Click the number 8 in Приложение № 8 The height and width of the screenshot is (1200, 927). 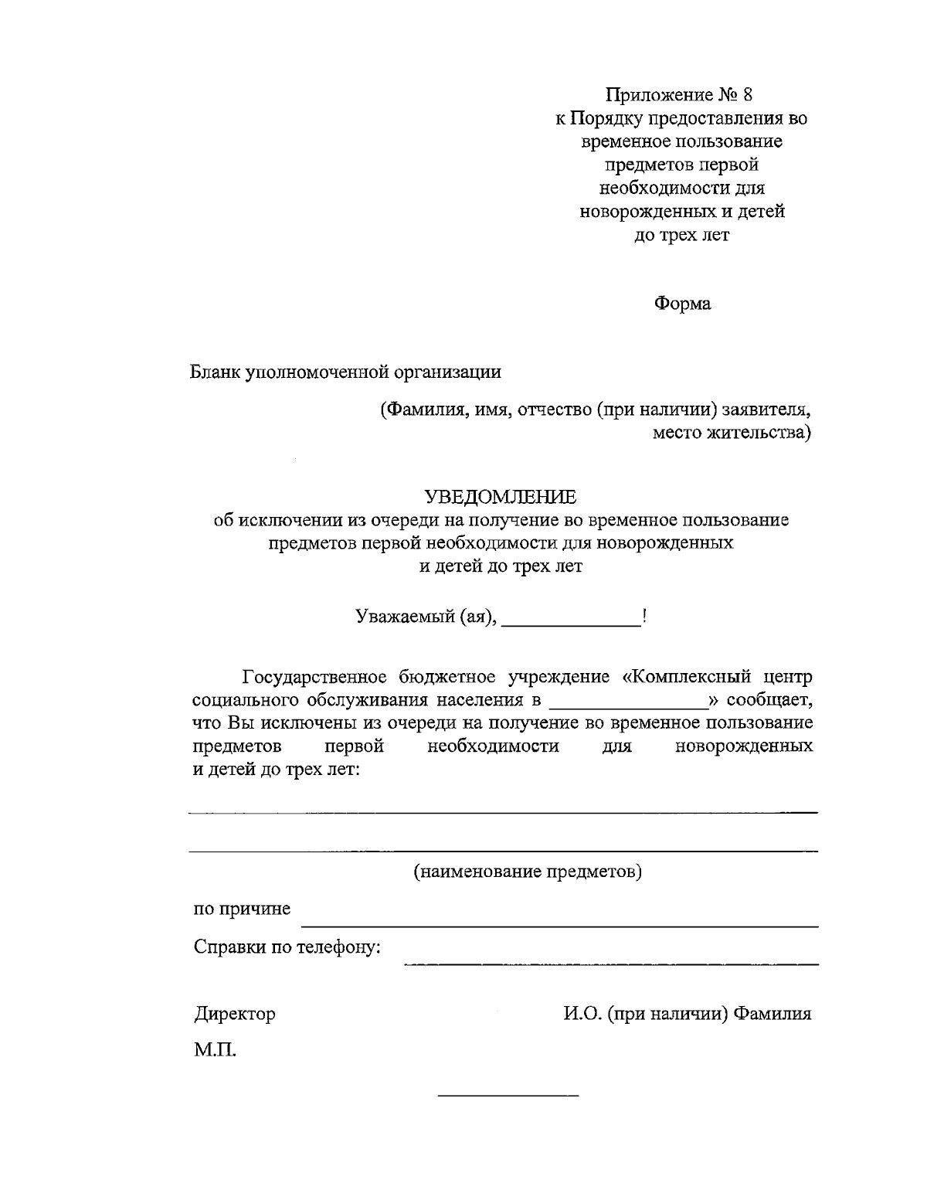(x=745, y=95)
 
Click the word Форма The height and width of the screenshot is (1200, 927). (x=682, y=304)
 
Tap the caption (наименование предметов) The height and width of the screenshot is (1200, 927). (x=528, y=872)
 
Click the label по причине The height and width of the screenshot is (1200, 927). (x=242, y=909)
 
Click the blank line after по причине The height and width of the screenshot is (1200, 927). (x=559, y=924)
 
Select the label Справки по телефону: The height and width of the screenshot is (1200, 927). (x=287, y=947)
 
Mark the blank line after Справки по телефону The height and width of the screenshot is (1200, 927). (x=610, y=964)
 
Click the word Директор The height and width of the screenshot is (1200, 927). (x=234, y=1014)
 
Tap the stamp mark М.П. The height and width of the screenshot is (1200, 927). (x=215, y=1050)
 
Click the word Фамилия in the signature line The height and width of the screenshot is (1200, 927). (x=772, y=1014)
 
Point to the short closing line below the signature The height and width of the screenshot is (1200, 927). (x=508, y=1096)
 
